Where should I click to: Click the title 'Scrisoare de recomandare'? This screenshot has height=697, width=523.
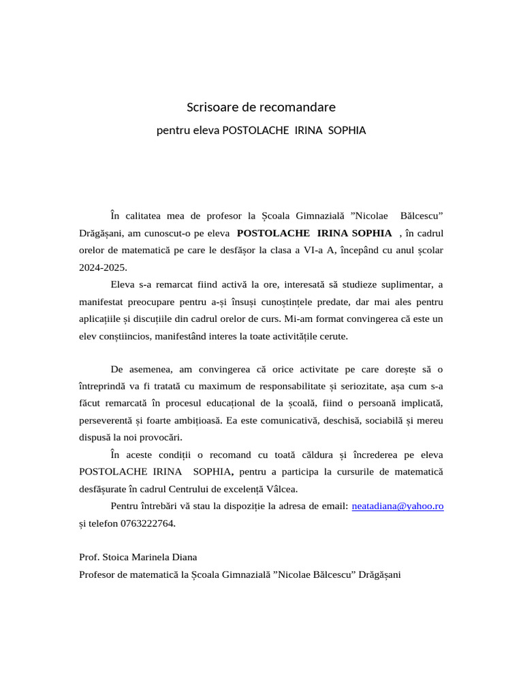click(261, 108)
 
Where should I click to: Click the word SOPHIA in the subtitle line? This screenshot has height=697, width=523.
click(347, 130)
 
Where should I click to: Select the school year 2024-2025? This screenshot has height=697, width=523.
click(103, 267)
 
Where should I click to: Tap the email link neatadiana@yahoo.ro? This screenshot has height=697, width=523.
click(398, 506)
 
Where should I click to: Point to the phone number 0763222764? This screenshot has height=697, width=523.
click(147, 523)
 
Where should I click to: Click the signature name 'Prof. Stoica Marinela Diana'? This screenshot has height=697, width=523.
click(138, 557)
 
